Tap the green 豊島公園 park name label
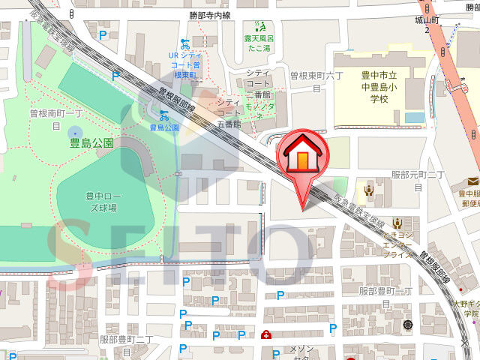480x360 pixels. click(91, 142)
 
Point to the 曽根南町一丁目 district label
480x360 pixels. click(55, 119)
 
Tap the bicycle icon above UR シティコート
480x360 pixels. click(184, 43)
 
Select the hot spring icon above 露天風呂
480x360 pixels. click(260, 27)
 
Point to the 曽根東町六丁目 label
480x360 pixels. click(316, 81)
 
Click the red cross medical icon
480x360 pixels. click(266, 334)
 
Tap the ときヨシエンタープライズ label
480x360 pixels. click(397, 244)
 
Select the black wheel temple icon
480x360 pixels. click(408, 325)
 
